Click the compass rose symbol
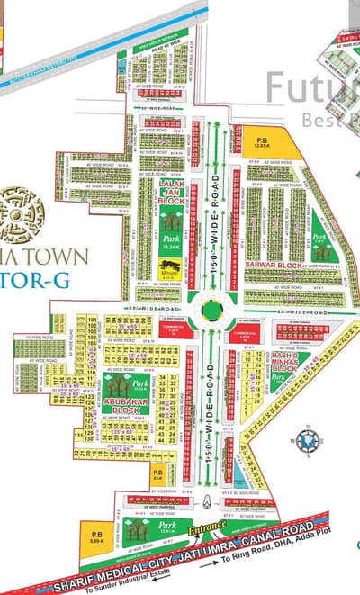pyautogui.click(x=307, y=441)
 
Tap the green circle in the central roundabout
pyautogui.click(x=211, y=311)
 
